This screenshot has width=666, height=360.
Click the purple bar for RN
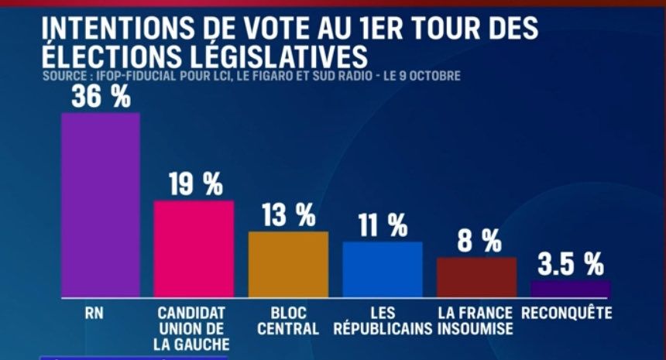[101, 205]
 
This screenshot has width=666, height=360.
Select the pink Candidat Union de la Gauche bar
[194, 249]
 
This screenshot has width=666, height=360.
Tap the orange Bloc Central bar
[288, 264]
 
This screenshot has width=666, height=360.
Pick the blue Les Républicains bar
[383, 269]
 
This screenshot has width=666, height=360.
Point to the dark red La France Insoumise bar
[476, 277]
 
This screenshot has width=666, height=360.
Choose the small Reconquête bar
[570, 290]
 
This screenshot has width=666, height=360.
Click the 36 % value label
[101, 97]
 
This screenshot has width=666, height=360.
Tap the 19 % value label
[195, 184]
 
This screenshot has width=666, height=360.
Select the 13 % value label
[288, 215]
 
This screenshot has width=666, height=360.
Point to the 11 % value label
[383, 225]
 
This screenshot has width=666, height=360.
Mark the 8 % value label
[479, 242]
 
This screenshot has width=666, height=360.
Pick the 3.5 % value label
[572, 264]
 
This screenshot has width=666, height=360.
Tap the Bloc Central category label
[288, 321]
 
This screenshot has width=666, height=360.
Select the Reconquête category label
[567, 314]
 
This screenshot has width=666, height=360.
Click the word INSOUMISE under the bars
[475, 328]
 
